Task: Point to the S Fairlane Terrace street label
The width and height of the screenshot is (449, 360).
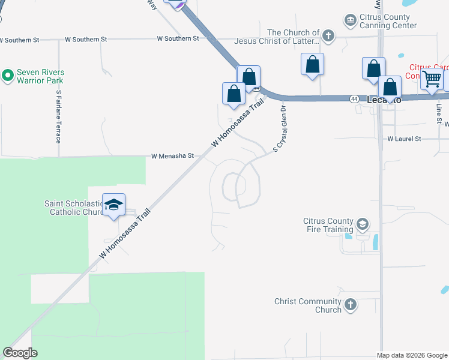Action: (x=59, y=116)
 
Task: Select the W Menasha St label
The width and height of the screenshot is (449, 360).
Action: (x=172, y=155)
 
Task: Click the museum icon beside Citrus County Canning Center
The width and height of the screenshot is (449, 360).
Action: (x=350, y=21)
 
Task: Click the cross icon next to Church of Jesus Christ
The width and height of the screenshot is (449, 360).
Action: (x=328, y=36)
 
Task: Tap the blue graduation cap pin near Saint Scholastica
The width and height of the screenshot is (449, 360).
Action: (x=113, y=205)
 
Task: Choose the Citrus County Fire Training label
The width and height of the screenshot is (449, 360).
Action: (x=328, y=225)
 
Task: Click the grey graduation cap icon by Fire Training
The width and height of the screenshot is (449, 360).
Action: (x=362, y=225)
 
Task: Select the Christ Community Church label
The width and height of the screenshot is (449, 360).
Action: (x=308, y=305)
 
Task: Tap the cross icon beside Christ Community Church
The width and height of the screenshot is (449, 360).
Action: (x=351, y=305)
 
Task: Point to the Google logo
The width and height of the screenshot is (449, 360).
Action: (x=20, y=353)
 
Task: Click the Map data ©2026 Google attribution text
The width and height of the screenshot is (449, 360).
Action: (x=411, y=355)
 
